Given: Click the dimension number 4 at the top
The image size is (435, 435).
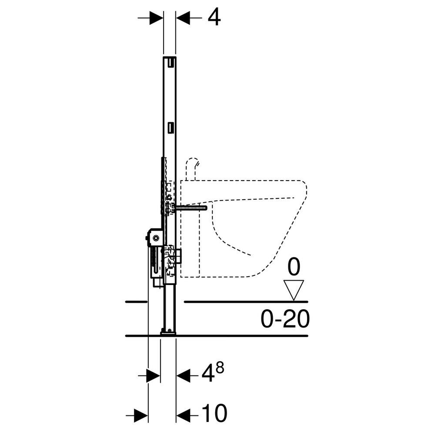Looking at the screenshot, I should [213, 18].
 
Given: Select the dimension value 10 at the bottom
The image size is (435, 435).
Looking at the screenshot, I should [214, 413].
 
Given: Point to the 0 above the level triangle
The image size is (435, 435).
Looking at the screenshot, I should [294, 268].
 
